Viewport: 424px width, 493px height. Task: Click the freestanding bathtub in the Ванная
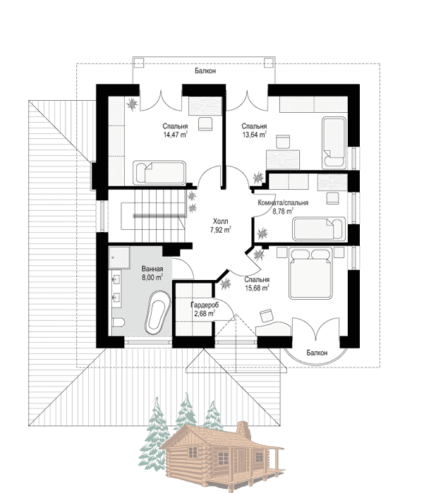click(x=157, y=312)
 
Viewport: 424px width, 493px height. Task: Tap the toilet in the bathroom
click(x=119, y=322)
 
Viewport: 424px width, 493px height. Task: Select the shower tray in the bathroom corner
click(x=119, y=257)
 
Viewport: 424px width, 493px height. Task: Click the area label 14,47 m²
click(x=175, y=135)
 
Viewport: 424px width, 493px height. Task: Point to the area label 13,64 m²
click(x=254, y=135)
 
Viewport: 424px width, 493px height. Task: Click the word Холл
click(x=221, y=221)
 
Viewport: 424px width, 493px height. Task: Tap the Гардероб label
click(x=205, y=305)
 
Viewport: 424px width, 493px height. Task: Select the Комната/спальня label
click(x=283, y=202)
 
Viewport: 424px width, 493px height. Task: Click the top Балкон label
click(x=205, y=71)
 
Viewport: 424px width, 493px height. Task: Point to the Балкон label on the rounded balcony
click(x=317, y=353)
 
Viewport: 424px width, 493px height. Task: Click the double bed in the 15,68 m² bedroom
click(x=310, y=273)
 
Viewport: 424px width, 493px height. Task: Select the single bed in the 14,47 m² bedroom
click(x=159, y=173)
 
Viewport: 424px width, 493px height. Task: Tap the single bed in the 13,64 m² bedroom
click(x=334, y=142)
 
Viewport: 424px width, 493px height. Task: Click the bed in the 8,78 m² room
click(x=319, y=229)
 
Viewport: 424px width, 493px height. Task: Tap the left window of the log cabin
click(x=193, y=452)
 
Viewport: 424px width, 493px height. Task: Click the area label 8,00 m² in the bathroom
click(x=152, y=277)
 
